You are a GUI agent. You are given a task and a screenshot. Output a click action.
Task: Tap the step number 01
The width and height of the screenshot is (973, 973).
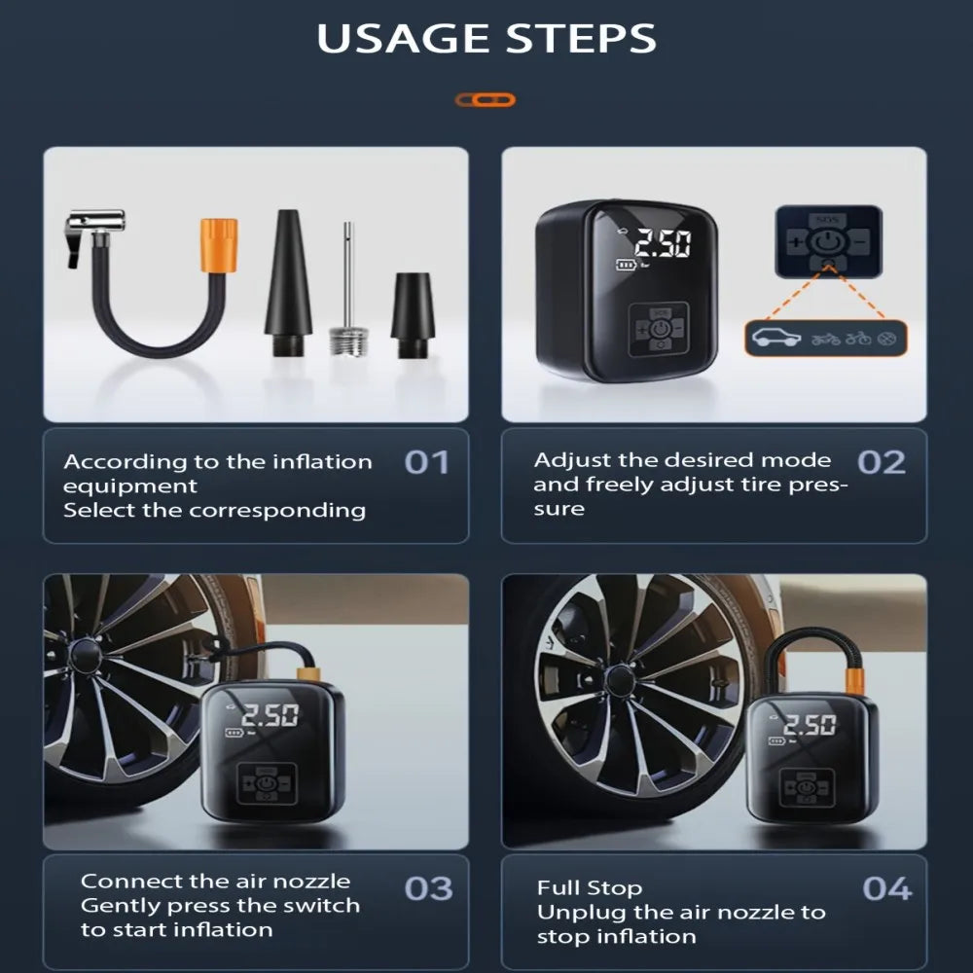[426, 462]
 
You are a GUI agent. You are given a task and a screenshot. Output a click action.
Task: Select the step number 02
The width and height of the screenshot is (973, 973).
[882, 462]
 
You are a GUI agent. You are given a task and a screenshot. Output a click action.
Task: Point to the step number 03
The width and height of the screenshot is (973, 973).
[428, 888]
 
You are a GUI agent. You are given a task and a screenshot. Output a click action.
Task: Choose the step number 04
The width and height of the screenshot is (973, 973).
[887, 888]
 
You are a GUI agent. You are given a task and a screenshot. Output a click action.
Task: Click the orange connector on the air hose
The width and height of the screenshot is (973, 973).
[218, 245]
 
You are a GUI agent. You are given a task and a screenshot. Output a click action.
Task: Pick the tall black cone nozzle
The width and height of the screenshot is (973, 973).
[288, 282]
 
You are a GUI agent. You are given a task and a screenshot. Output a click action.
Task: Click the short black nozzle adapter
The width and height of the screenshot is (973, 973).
[411, 315]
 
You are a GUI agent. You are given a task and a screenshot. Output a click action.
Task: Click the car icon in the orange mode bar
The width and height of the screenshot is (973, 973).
[776, 338]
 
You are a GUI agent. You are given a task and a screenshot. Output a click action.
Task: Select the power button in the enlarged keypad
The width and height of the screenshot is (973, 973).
[828, 242]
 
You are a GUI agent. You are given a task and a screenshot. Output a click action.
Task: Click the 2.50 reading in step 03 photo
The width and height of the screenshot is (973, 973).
[270, 715]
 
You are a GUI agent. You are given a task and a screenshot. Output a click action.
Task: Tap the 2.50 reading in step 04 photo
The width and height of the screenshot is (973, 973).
[810, 724]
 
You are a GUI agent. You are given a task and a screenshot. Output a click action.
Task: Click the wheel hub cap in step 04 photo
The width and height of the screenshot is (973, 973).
[619, 680]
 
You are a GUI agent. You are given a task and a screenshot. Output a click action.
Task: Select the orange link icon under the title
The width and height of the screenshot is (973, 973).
[486, 100]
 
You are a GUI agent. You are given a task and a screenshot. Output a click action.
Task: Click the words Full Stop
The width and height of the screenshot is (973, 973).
[590, 888]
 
